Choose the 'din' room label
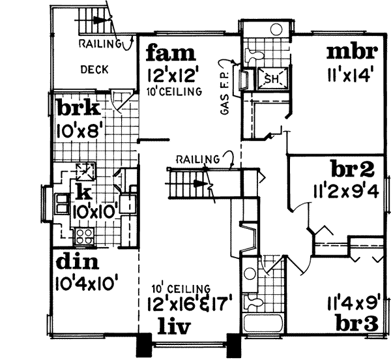pyautogui.click(x=76, y=262)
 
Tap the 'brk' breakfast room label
pyautogui.click(x=77, y=109)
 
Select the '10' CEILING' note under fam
pyautogui.click(x=175, y=92)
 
